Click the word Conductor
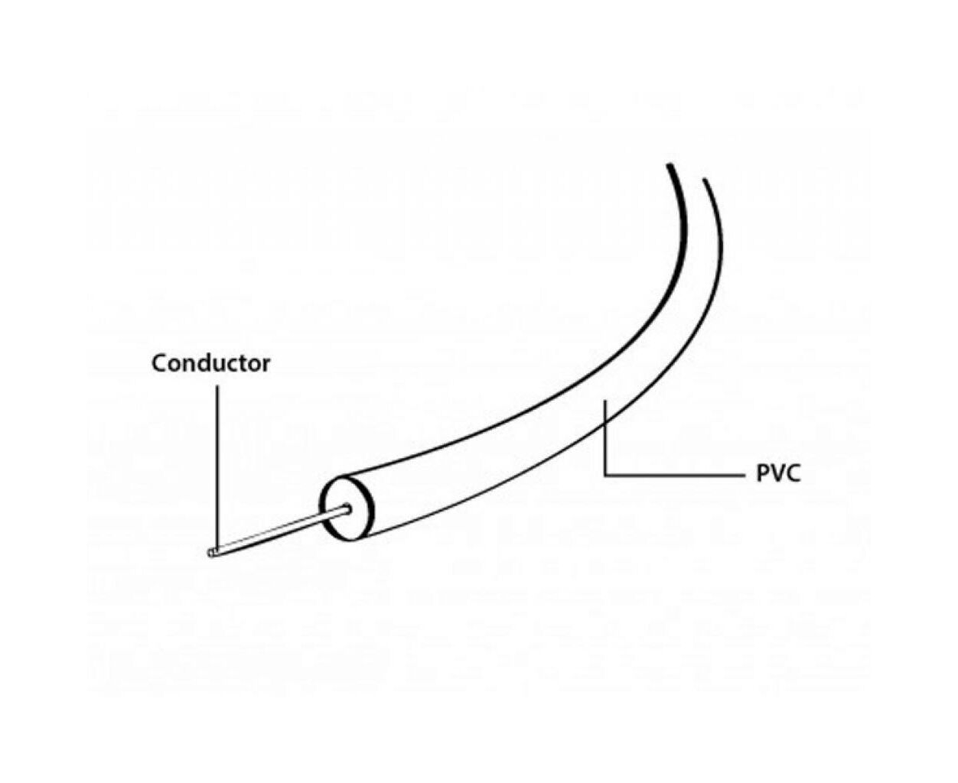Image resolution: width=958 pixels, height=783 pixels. [210, 364]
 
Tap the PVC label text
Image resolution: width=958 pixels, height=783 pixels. [777, 474]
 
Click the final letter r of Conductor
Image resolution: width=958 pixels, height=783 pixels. [266, 367]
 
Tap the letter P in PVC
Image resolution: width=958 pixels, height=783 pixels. [763, 474]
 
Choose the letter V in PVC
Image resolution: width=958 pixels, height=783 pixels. [777, 474]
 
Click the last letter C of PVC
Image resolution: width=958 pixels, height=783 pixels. [793, 474]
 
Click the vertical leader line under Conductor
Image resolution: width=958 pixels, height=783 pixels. [217, 469]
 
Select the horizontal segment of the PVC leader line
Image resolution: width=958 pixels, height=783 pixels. [673, 476]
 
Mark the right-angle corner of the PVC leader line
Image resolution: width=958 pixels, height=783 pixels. [605, 476]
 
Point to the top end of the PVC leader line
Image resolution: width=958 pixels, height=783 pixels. [605, 401]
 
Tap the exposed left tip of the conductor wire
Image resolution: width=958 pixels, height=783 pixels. [210, 554]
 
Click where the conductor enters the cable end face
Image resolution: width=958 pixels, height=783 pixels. [348, 508]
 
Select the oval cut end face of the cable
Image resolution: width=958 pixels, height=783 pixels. [347, 508]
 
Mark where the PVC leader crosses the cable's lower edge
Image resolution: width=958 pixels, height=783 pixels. [605, 424]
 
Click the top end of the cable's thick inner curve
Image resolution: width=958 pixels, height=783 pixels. [669, 164]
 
